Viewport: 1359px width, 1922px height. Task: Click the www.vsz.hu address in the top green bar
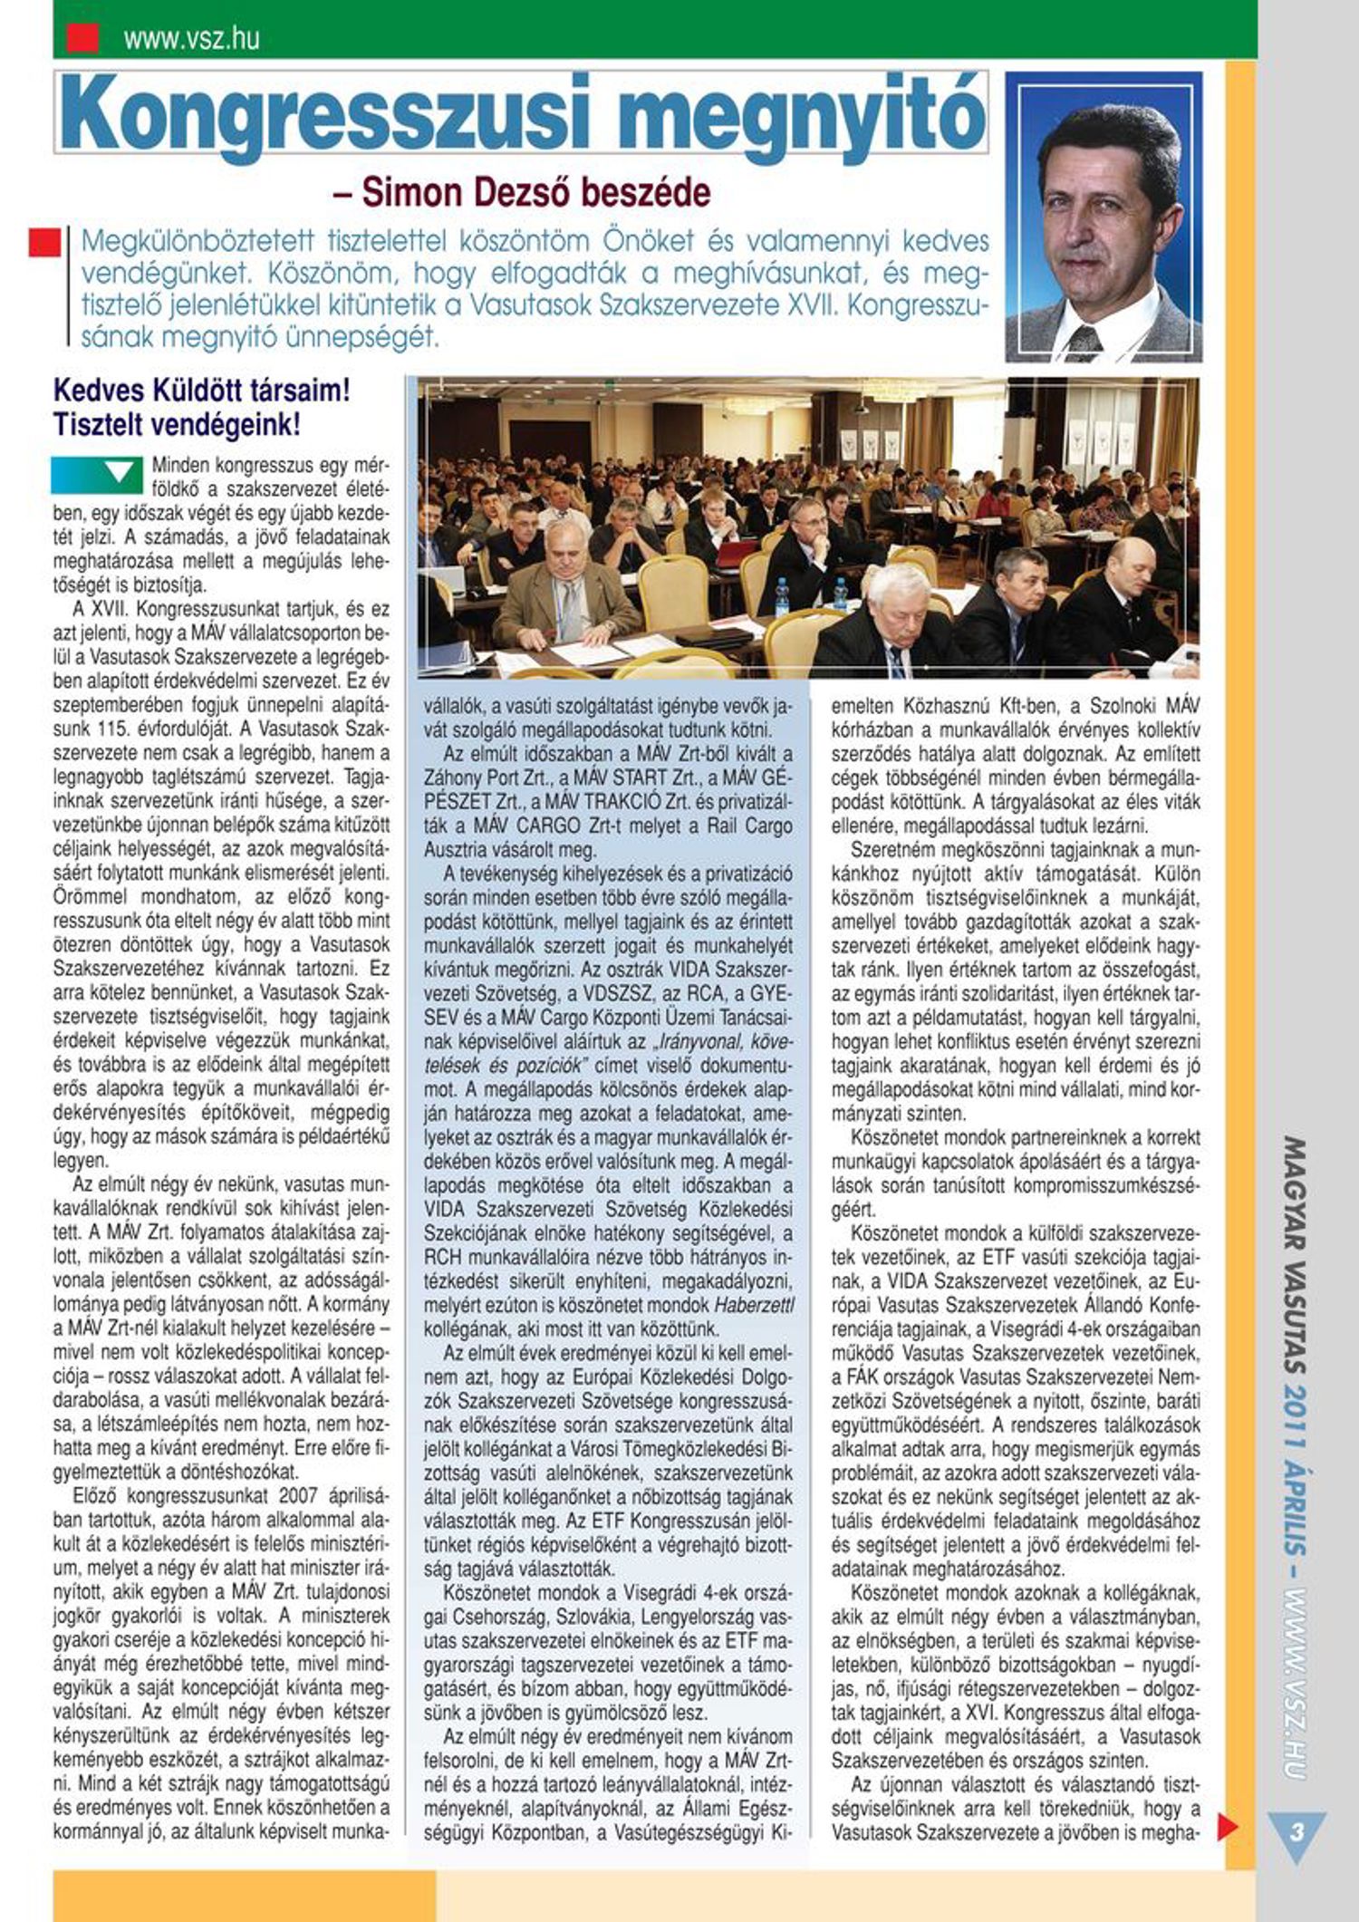191,38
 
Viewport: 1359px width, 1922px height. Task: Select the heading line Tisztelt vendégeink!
177,424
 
